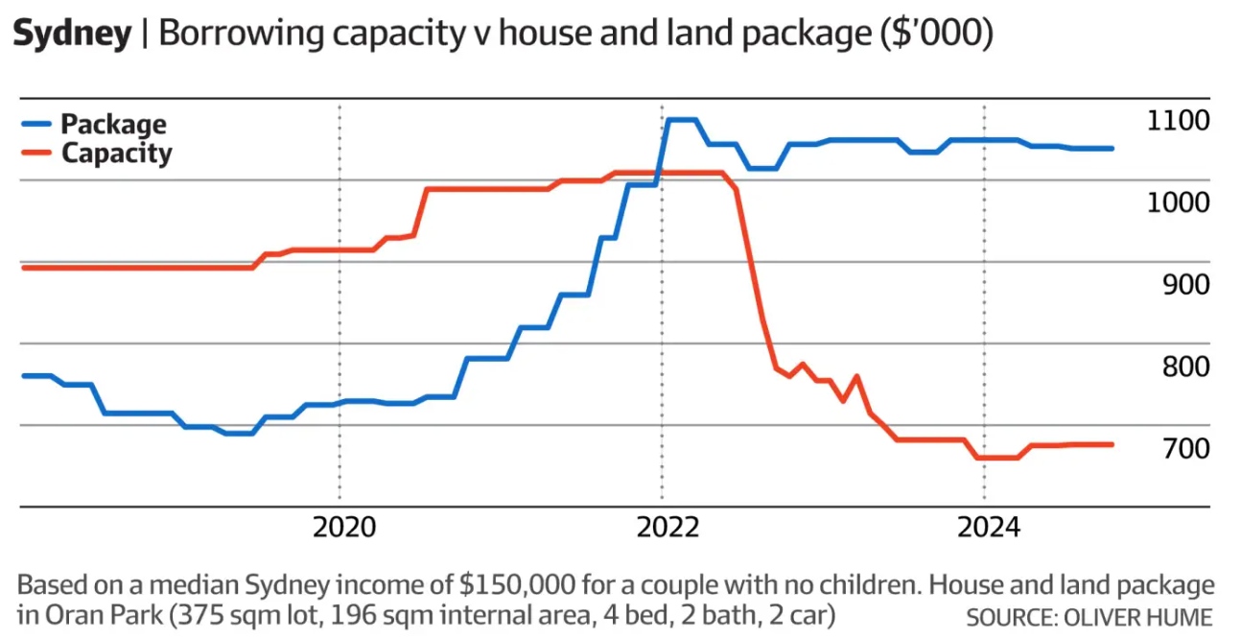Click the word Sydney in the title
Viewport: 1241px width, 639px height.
click(x=72, y=35)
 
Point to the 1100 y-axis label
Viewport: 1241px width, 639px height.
click(x=1178, y=121)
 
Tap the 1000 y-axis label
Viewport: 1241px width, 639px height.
click(x=1178, y=202)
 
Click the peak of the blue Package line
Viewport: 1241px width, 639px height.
click(x=681, y=120)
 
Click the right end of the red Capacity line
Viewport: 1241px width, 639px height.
click(x=1112, y=444)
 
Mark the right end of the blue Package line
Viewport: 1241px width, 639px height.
click(x=1112, y=149)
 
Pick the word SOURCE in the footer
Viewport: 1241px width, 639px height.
click(x=1006, y=616)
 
